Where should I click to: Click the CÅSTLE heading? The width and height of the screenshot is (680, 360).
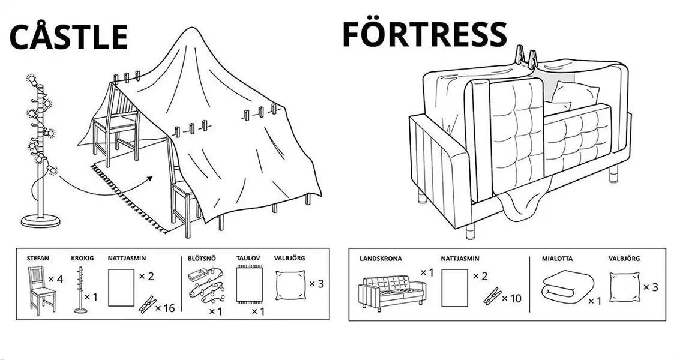(x=68, y=37)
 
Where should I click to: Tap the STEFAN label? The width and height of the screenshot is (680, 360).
(x=37, y=258)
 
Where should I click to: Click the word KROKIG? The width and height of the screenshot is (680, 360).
(x=82, y=258)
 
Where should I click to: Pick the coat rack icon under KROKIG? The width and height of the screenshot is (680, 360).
(x=80, y=290)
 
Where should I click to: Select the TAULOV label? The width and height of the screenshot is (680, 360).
(x=248, y=258)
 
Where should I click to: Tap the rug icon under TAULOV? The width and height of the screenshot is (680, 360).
(x=248, y=285)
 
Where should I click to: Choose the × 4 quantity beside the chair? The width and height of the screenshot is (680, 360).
(x=55, y=279)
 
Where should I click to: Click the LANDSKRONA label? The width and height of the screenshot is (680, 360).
(x=381, y=259)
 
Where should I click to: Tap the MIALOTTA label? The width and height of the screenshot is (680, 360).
(x=556, y=259)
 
